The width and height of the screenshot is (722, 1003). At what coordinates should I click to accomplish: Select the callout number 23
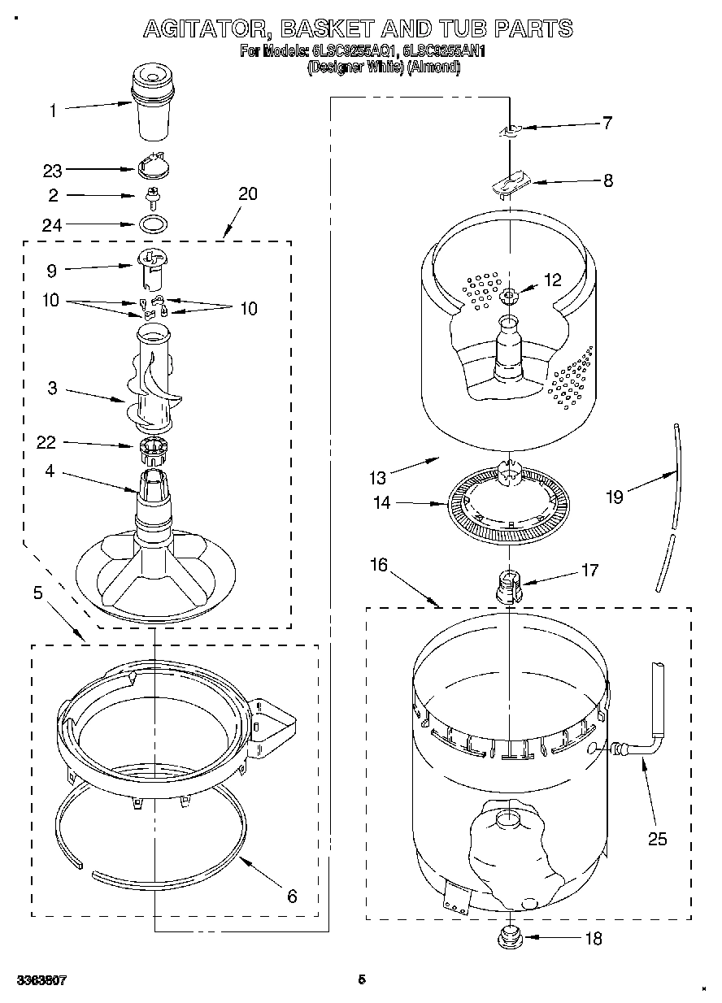click(52, 171)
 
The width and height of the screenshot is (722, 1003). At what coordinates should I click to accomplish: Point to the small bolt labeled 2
click(150, 195)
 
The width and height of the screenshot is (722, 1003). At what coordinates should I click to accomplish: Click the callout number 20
click(247, 193)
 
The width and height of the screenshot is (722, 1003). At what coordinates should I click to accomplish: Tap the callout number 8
click(607, 181)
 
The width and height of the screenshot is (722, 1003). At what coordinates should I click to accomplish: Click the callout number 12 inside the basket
click(552, 280)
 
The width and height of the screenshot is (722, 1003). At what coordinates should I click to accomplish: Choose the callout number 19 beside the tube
click(614, 497)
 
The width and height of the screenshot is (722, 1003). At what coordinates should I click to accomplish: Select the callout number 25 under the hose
click(656, 839)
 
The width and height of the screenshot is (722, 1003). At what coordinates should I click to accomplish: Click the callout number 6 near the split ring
click(292, 897)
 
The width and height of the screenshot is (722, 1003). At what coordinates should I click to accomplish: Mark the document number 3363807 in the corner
click(41, 980)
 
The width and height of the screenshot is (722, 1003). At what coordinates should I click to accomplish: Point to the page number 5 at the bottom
click(362, 979)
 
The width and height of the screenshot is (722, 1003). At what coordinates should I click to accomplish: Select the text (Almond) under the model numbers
click(433, 68)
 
